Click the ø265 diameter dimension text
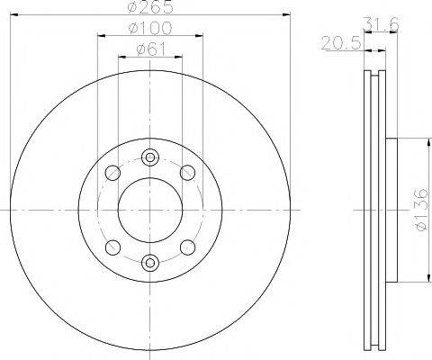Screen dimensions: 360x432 [149, 7]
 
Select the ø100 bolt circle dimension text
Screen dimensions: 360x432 [149, 29]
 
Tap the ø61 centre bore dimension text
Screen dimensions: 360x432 [150, 49]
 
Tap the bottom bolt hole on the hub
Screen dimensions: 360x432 [149, 263]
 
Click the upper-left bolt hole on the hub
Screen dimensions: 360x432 [112, 172]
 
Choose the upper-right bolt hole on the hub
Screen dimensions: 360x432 [187, 172]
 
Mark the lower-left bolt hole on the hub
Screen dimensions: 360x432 [112, 246]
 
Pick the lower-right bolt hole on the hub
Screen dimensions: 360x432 [187, 246]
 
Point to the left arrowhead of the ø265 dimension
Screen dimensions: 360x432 [13, 14]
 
